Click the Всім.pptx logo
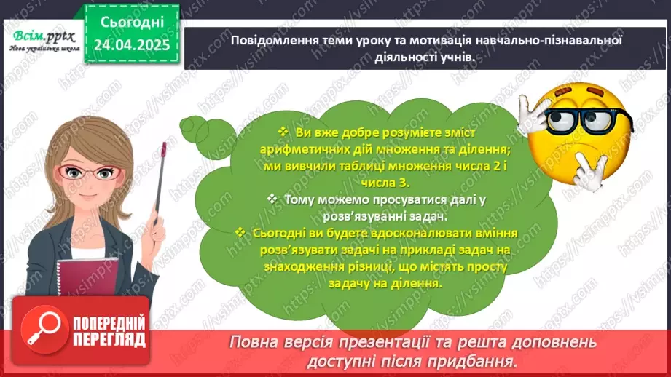point(42,34)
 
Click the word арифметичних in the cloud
point(295,148)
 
